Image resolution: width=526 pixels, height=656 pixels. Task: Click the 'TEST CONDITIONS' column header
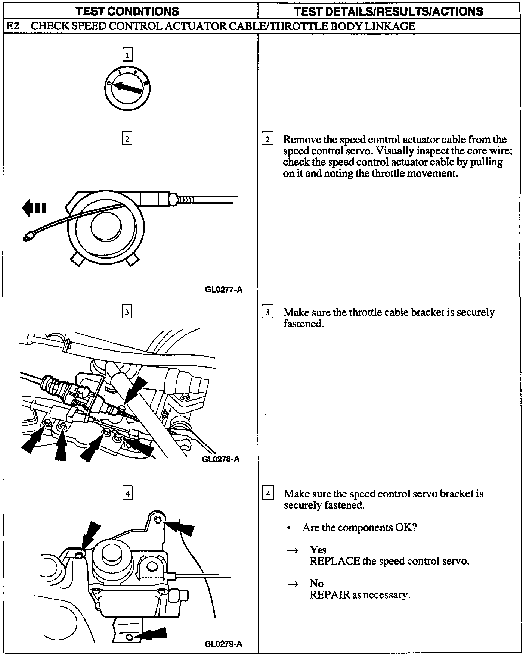(127, 11)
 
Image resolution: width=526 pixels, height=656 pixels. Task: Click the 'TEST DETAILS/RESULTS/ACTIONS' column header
(389, 11)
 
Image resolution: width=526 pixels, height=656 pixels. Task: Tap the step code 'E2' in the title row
(13, 26)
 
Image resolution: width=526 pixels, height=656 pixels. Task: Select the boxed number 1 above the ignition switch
(127, 56)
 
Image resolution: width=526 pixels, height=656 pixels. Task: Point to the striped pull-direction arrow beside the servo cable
(34, 208)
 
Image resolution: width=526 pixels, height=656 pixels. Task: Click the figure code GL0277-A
(223, 289)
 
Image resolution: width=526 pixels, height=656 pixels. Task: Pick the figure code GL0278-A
(220, 459)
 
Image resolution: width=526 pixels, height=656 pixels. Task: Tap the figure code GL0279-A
(223, 643)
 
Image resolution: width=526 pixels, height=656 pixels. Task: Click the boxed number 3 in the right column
(267, 312)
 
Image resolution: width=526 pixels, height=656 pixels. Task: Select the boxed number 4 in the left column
(127, 493)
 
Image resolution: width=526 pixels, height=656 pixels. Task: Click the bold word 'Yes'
(318, 550)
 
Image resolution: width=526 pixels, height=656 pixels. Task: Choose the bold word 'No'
(316, 583)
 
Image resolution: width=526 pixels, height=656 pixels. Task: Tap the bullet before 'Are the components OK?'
(289, 528)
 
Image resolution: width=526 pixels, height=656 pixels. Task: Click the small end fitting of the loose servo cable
(28, 237)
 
